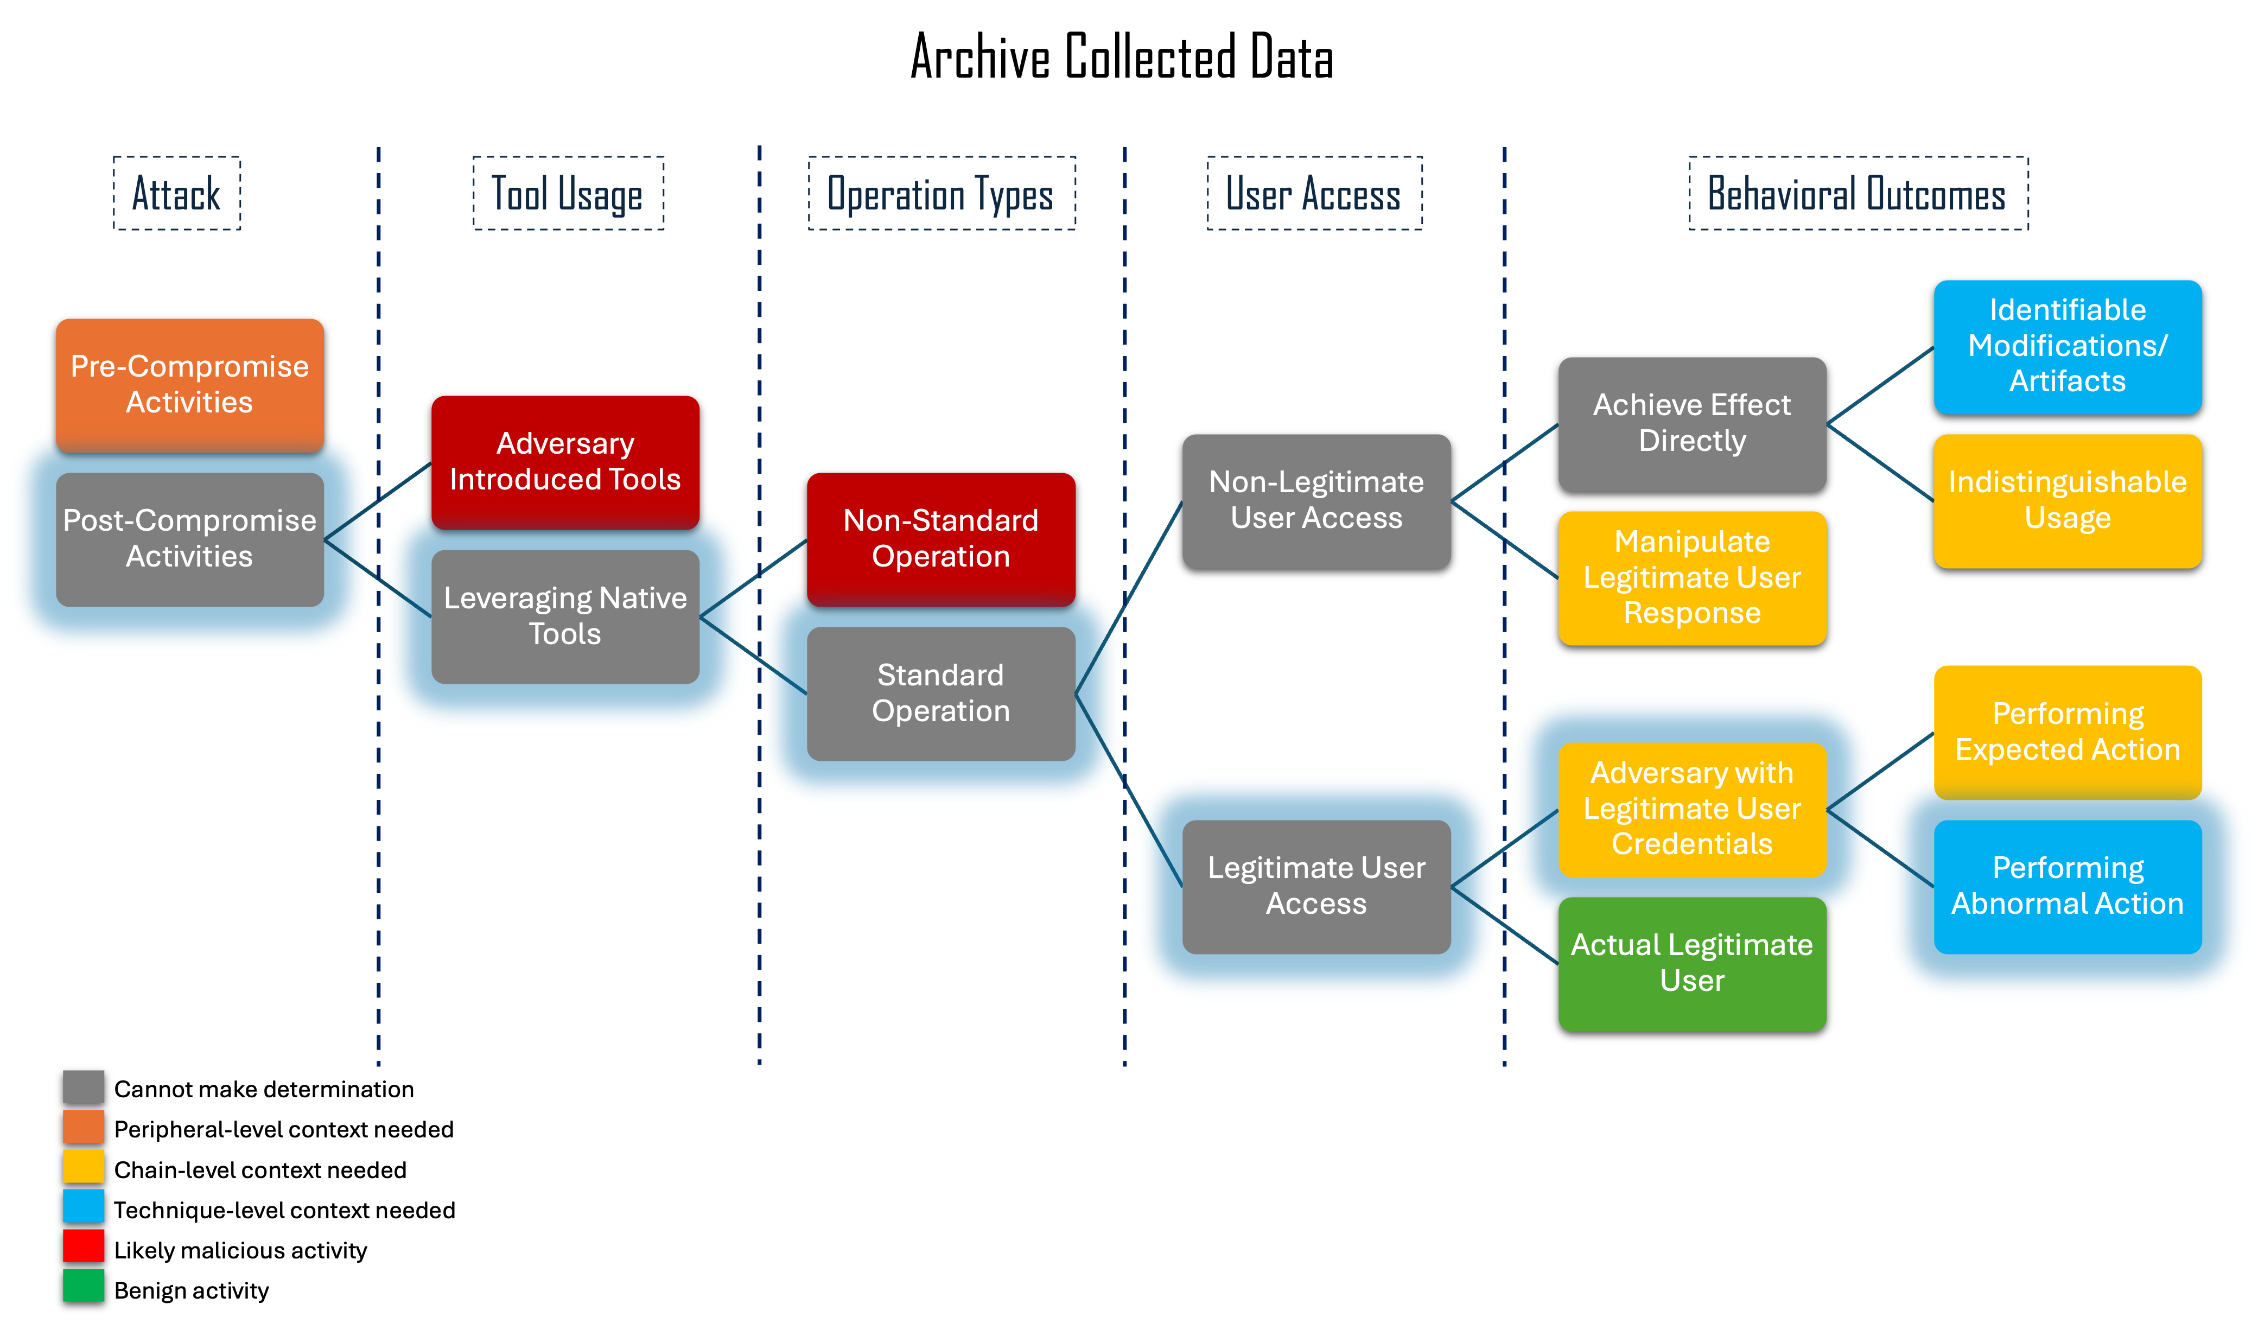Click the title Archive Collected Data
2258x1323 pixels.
(x=1122, y=56)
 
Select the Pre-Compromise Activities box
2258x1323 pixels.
(x=190, y=385)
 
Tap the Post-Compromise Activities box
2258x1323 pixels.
(x=190, y=539)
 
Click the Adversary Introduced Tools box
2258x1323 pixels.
(x=565, y=462)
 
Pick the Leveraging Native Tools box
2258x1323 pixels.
(x=565, y=616)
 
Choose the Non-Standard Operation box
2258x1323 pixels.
(x=941, y=539)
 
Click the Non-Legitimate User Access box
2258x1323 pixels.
(x=1316, y=501)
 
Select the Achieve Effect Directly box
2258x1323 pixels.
(x=1691, y=424)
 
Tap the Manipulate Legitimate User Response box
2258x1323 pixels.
(x=1691, y=578)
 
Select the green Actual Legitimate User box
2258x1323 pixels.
(x=1691, y=964)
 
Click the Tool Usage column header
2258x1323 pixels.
(x=568, y=194)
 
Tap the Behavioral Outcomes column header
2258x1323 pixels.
(x=1859, y=194)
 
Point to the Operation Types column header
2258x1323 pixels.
(x=942, y=194)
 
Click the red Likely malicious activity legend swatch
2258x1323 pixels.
(x=84, y=1248)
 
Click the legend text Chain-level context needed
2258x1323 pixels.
(x=260, y=1170)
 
